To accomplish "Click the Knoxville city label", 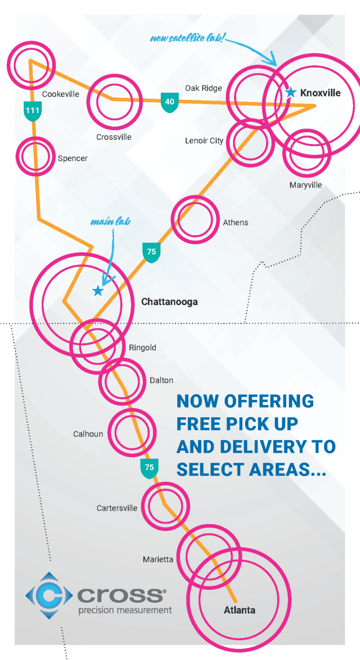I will (x=320, y=93).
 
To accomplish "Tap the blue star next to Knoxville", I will (x=291, y=93).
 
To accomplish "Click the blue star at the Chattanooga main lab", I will (x=97, y=291).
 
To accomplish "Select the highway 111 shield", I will (x=32, y=111).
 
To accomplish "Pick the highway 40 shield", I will (x=169, y=102).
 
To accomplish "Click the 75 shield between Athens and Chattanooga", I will (x=151, y=252).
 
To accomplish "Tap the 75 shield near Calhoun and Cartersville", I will (x=149, y=468).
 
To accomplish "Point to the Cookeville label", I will (x=60, y=94).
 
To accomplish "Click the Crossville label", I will (x=114, y=137).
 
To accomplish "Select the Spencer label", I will (x=73, y=158).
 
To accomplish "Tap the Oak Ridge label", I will (x=203, y=88).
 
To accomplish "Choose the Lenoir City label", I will (x=204, y=141).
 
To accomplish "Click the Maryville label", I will (x=306, y=185).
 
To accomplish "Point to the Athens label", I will (x=236, y=222).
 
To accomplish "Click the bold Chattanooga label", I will (x=169, y=302).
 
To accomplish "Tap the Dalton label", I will (x=161, y=380).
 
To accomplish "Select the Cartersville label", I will (x=117, y=508).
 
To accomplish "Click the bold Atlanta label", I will (x=240, y=610).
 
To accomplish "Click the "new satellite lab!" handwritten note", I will (x=187, y=38).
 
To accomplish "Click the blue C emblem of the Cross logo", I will (x=48, y=595).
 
